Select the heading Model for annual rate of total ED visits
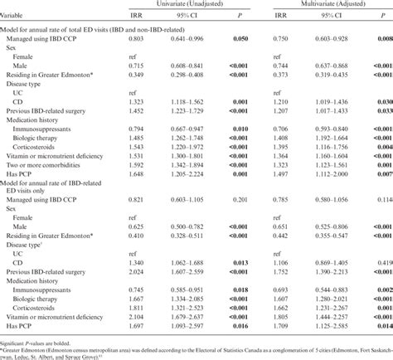coord(83,27)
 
